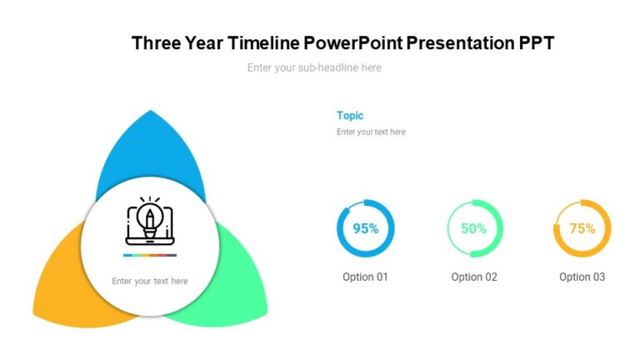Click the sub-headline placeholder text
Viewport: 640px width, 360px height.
tap(314, 67)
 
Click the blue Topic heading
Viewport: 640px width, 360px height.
tap(350, 116)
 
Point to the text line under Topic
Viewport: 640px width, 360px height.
tap(371, 132)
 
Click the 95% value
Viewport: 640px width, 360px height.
tap(366, 228)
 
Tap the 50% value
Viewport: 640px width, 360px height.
tap(474, 228)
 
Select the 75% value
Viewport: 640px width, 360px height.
tap(582, 228)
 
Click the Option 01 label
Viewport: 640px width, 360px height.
tap(365, 277)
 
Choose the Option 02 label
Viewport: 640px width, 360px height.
tap(474, 277)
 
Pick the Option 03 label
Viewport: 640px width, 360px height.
tap(582, 277)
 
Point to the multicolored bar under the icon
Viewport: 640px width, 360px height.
tap(150, 255)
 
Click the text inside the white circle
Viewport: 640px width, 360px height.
tap(150, 281)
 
